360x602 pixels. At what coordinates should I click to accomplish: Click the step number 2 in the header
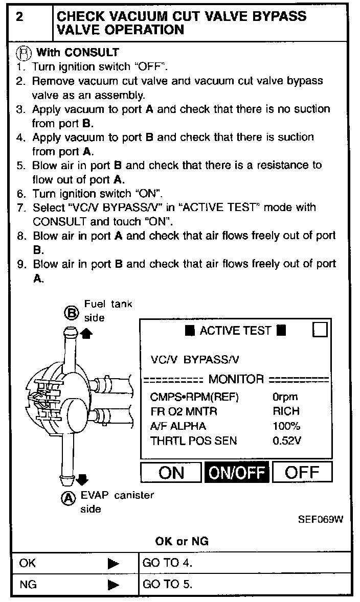coord(19,17)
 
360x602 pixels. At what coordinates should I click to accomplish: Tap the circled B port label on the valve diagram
coord(71,312)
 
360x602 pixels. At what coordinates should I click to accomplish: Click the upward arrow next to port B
coord(87,332)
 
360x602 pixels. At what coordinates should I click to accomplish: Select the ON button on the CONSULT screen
coord(171,472)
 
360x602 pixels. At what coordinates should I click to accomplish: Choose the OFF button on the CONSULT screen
coord(302,472)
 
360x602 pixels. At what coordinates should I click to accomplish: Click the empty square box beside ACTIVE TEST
coord(320,330)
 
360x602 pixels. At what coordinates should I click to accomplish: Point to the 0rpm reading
coord(285,397)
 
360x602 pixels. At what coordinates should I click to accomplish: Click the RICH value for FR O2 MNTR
coord(286,411)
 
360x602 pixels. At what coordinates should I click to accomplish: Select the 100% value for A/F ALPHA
coord(286,426)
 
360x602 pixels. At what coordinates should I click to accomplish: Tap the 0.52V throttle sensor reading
coord(287,440)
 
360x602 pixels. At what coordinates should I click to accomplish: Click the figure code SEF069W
coord(320,519)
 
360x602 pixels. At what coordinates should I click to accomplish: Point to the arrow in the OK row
coord(114,564)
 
